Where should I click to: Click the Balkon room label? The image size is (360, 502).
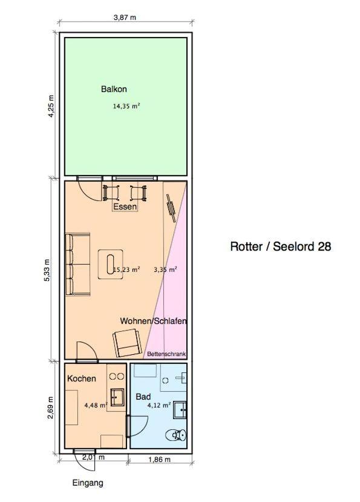114,89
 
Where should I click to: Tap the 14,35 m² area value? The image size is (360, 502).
126,106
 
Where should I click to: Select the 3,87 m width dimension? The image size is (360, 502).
125,18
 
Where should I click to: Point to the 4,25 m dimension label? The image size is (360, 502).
51,106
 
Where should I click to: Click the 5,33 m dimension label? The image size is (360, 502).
47,270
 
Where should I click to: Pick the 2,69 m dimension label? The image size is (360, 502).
50,408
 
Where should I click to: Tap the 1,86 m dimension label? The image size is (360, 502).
159,460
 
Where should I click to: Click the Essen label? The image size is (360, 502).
125,207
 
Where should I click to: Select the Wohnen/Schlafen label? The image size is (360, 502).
153,321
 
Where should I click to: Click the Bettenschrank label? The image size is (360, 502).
166,354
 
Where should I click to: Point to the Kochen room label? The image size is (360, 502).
82,378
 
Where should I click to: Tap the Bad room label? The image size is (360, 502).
143,397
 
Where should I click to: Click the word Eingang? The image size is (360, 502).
88,483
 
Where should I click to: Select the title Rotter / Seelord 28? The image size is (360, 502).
281,246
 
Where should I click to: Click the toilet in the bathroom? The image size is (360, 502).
175,435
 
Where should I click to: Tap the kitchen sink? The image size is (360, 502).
118,398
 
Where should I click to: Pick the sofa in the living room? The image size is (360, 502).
78,264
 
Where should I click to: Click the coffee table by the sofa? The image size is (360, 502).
110,264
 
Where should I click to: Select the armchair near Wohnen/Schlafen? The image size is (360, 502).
127,343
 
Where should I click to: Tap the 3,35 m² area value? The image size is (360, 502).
165,269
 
